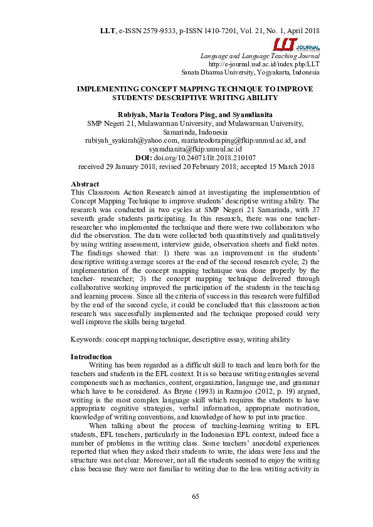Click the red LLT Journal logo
(296, 45)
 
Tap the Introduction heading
(92, 357)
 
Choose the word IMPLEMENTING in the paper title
(111, 90)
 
